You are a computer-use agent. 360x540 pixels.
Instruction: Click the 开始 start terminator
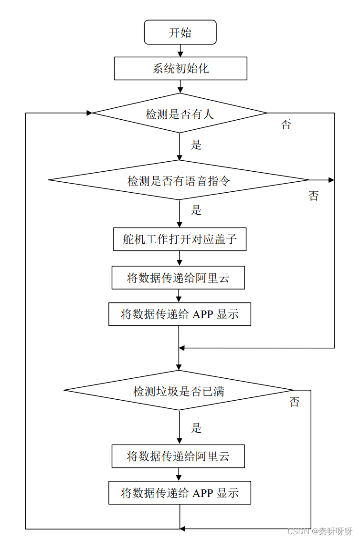[180, 32]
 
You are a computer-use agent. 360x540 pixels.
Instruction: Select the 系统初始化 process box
[180, 68]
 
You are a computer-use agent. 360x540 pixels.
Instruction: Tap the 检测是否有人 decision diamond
[180, 114]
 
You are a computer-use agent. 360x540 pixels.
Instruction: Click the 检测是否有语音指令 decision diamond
[179, 180]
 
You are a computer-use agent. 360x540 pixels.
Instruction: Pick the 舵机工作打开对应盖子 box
[180, 239]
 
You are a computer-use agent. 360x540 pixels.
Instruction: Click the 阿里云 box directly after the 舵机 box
[178, 278]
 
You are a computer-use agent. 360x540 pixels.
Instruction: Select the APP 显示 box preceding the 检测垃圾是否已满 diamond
[180, 314]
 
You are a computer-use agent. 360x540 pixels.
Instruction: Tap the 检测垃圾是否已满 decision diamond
[179, 391]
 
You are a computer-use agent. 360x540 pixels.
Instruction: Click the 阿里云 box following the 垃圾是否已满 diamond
[178, 456]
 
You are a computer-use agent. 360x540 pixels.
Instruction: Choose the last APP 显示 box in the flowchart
[180, 492]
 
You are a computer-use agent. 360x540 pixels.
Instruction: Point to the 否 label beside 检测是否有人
[286, 125]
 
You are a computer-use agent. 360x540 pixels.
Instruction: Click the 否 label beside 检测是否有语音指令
[313, 196]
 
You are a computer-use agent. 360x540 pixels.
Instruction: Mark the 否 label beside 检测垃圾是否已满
[295, 402]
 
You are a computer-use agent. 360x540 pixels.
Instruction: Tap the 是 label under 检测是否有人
[196, 145]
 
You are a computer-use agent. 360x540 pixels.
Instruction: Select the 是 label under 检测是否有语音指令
[196, 210]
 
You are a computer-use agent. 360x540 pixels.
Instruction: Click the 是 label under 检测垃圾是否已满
[196, 428]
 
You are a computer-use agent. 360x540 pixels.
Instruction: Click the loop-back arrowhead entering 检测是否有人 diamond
[89, 113]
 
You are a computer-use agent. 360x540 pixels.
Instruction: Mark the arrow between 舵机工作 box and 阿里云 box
[180, 259]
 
